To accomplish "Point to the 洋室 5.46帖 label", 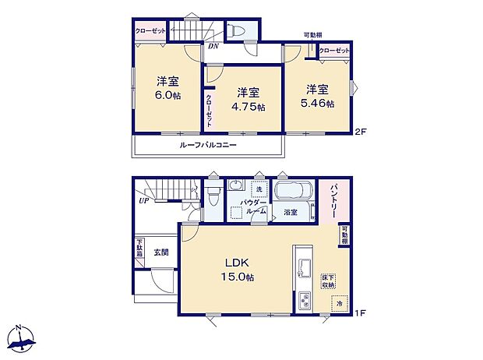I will [316, 96].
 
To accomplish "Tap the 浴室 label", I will [290, 211].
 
